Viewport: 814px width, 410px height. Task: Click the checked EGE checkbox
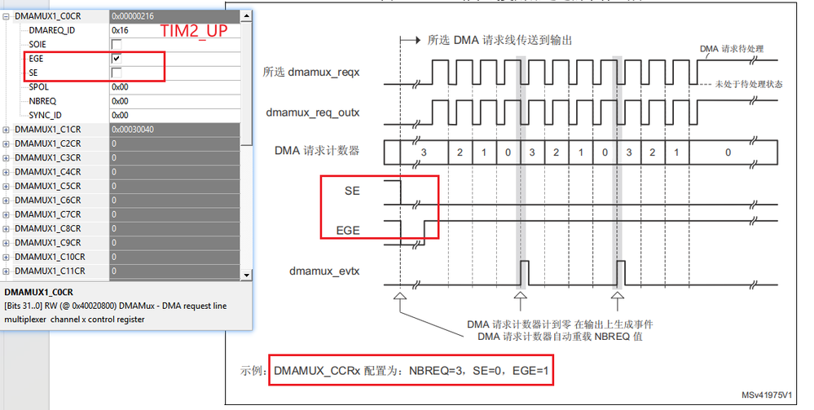117,59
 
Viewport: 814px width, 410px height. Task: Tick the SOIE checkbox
117,44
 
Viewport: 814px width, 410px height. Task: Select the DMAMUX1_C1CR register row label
47,130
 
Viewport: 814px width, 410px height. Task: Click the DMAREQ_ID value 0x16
120,30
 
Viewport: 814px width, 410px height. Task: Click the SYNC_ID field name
45,115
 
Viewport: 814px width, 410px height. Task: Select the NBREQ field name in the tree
42,101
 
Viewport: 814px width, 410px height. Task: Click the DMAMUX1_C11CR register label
50,271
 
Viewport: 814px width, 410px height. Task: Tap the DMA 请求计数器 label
317,150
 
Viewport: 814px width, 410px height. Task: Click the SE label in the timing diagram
352,191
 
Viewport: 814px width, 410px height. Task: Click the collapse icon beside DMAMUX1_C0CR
7,15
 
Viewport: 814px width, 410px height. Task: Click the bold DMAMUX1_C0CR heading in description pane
39,291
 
